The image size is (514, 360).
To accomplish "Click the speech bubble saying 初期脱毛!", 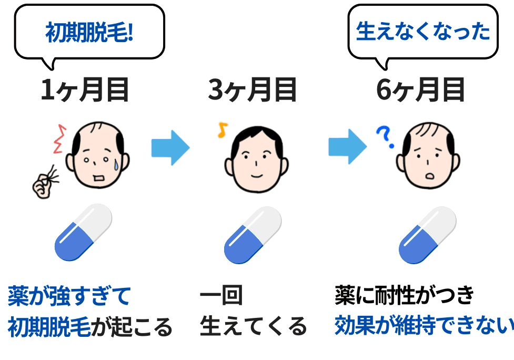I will click(89, 33).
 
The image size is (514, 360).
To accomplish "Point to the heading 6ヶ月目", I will click(421, 91).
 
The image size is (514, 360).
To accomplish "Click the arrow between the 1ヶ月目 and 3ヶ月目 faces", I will click(170, 148).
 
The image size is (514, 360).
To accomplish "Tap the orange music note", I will click(222, 130).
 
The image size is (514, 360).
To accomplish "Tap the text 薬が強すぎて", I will click(69, 296).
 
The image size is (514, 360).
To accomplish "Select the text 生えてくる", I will click(253, 327).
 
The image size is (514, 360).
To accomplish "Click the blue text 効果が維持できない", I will click(424, 326).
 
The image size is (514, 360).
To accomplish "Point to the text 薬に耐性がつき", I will click(405, 296).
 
